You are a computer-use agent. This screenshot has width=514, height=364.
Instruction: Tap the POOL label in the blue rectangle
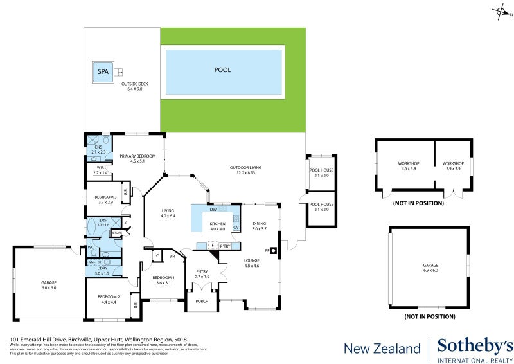222,70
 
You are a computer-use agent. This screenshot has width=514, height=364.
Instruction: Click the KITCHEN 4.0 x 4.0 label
217,226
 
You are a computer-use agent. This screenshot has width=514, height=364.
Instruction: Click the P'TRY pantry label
225,246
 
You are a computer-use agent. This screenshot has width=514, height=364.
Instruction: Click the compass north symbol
500,11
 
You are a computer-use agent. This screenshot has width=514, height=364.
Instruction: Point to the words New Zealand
382,349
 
